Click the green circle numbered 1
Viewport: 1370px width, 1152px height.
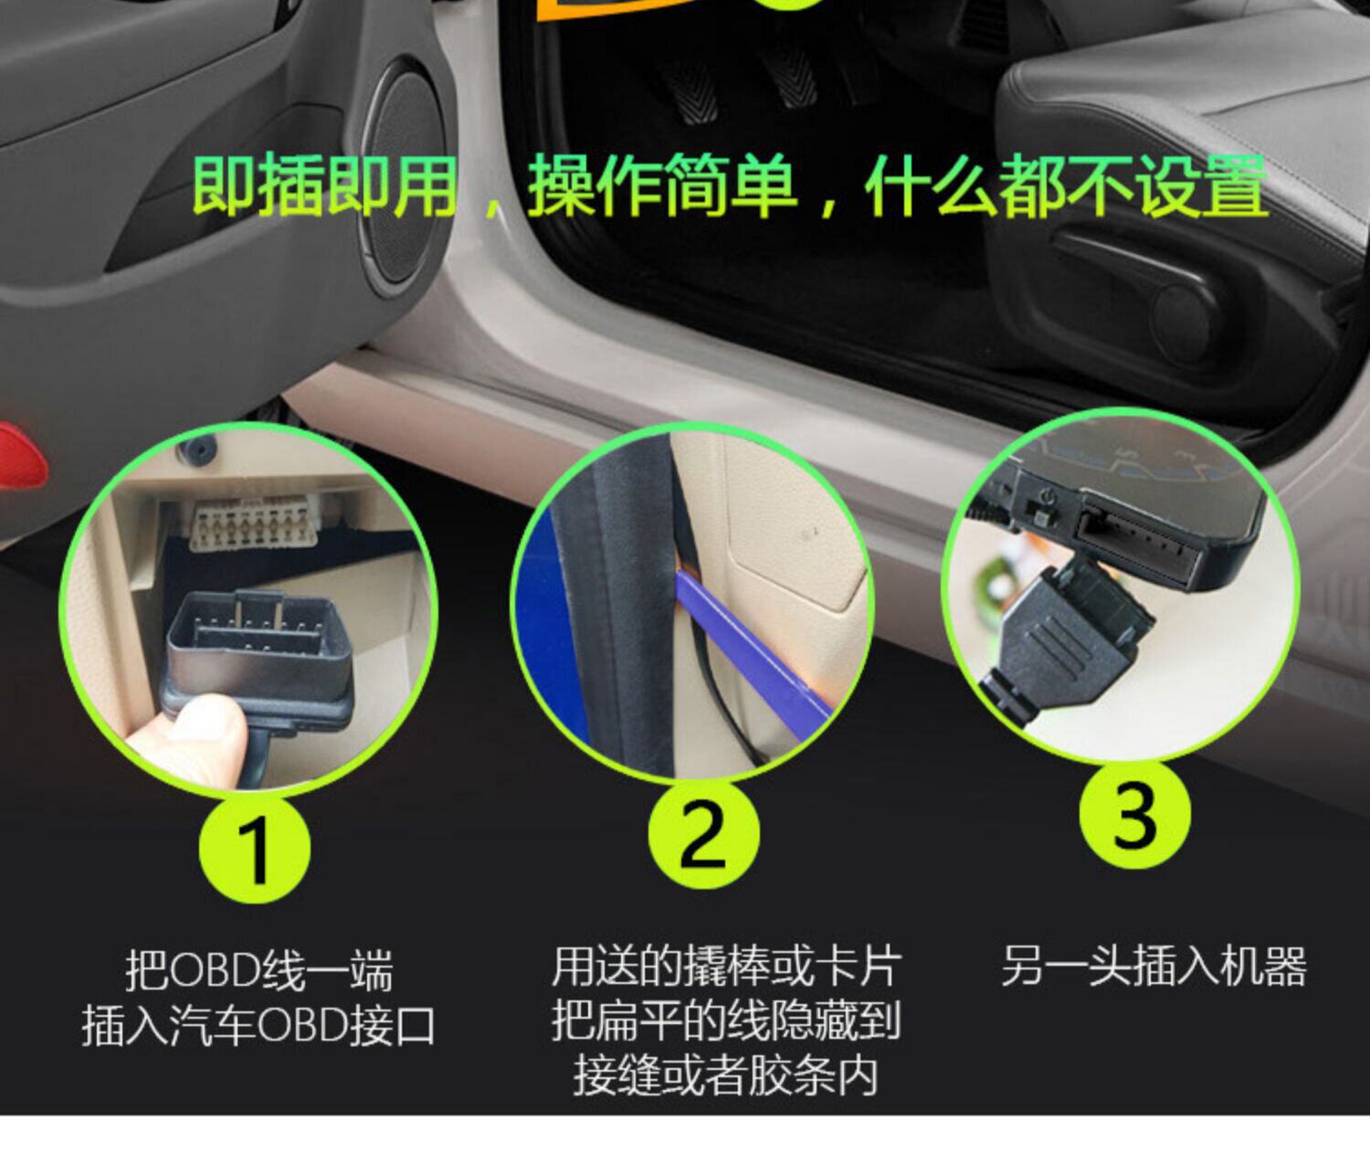[255, 849]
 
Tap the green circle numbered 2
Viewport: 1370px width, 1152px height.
[703, 834]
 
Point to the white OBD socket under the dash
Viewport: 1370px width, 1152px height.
[254, 522]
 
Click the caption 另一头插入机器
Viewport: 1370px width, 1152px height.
[1154, 967]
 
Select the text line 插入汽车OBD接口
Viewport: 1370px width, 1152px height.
[258, 1027]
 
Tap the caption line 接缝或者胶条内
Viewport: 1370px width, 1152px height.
[725, 1076]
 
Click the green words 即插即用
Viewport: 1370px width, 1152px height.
[324, 185]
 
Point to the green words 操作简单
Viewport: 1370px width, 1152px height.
[662, 185]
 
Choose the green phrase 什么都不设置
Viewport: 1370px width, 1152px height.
[1066, 185]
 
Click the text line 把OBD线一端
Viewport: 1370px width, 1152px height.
[259, 971]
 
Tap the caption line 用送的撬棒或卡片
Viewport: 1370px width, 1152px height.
[725, 966]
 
